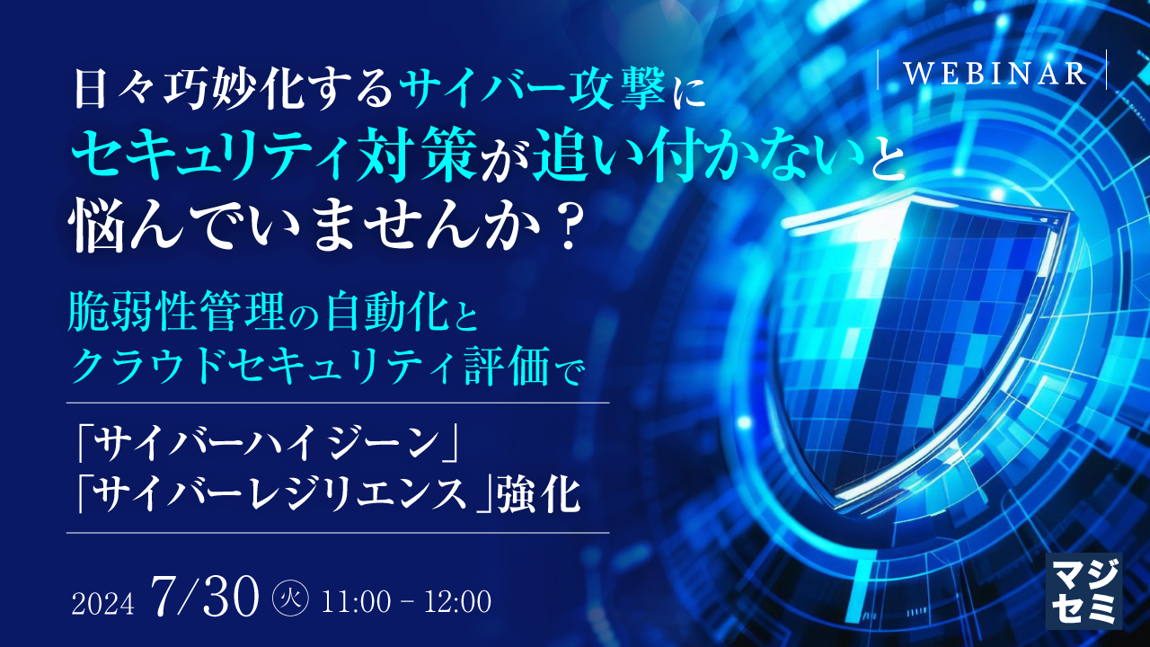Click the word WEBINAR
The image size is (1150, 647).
coord(994,73)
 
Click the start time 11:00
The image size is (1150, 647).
coord(361,600)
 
